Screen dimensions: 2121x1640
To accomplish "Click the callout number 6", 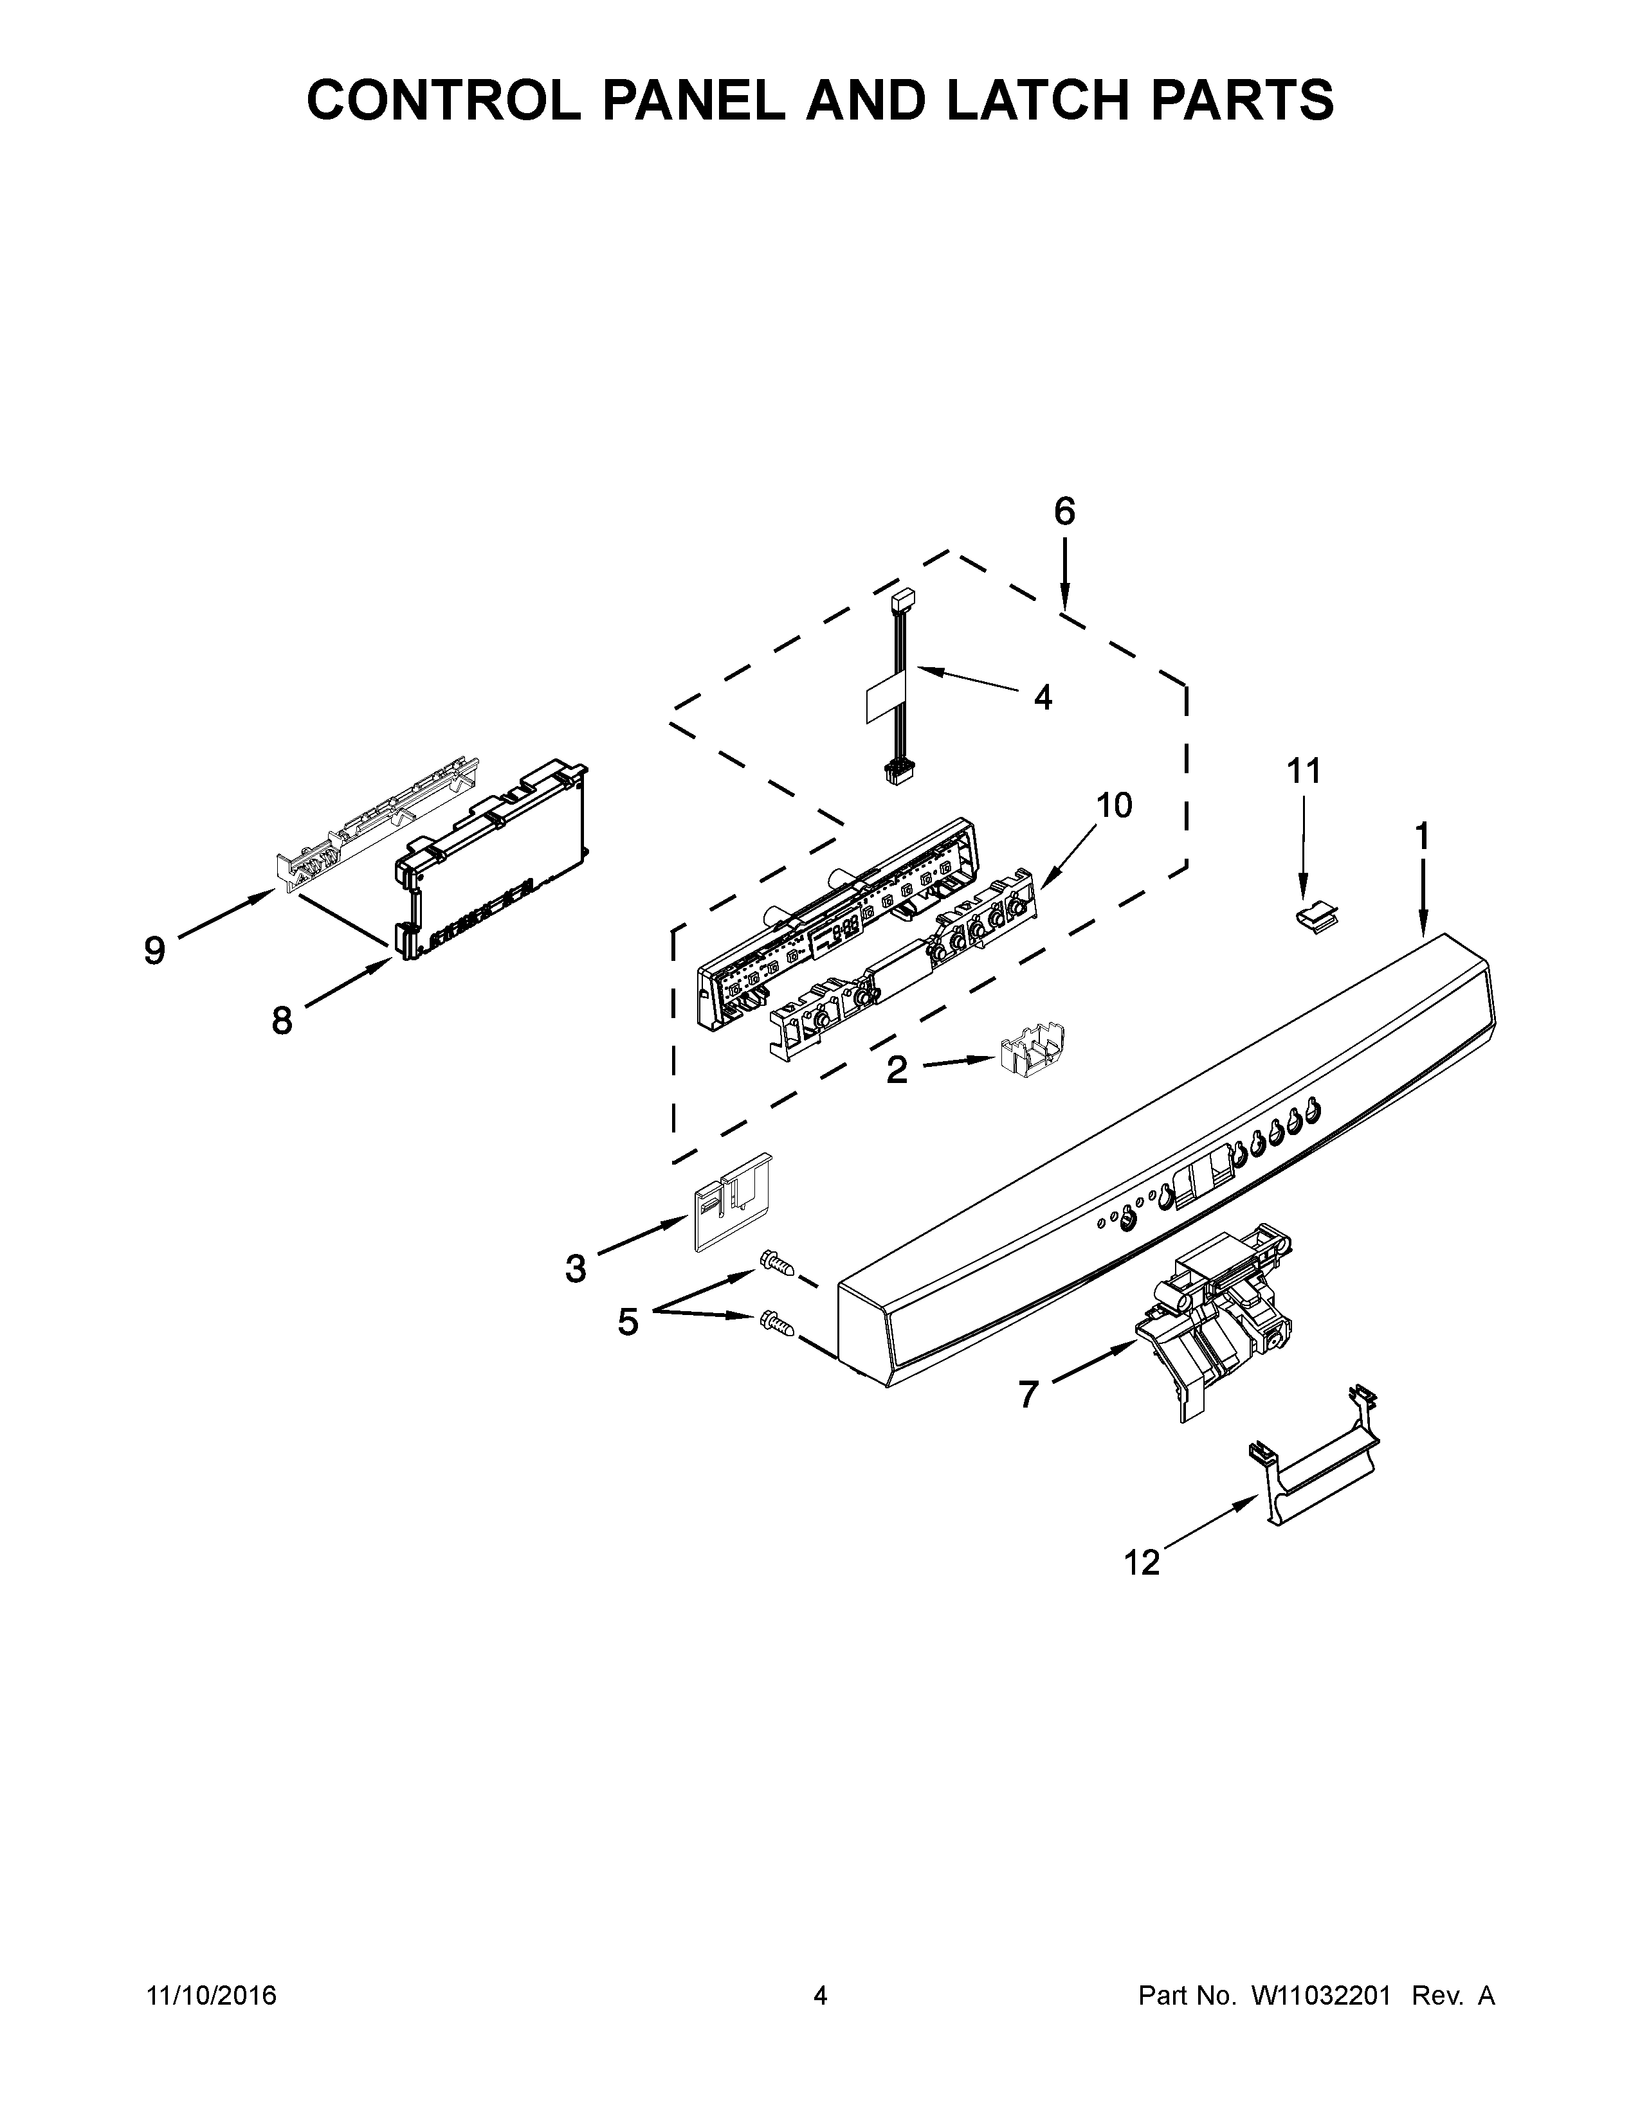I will click(x=1065, y=512).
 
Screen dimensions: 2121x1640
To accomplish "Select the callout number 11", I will click(x=1304, y=771).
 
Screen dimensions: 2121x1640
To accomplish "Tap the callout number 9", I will click(x=154, y=950).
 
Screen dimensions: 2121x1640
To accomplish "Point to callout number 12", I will click(x=1143, y=1562).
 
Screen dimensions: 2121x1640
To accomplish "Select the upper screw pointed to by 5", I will click(x=778, y=1264).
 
